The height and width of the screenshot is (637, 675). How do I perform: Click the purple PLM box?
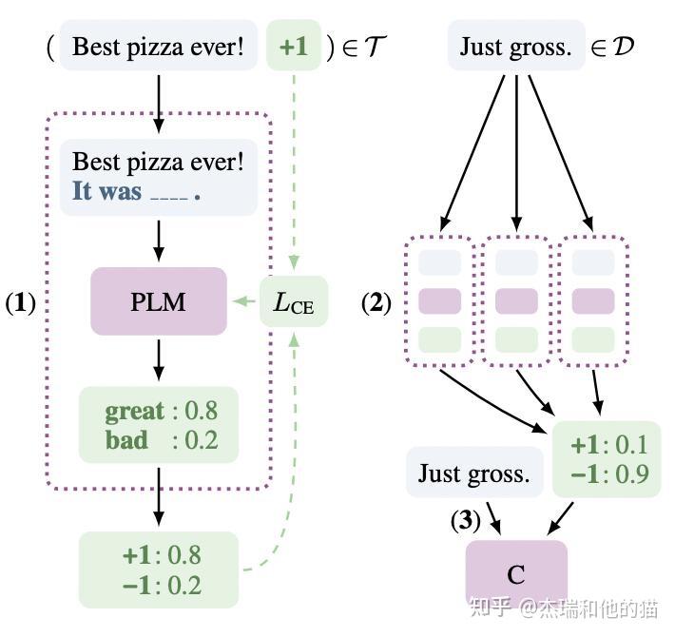click(159, 301)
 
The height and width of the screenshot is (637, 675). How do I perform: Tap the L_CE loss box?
click(294, 301)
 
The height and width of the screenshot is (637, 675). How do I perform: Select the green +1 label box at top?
click(294, 46)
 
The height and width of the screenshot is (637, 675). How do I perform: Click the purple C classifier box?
click(516, 573)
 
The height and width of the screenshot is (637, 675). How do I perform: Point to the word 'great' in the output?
click(134, 411)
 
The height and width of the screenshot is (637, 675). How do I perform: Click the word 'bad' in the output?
click(126, 440)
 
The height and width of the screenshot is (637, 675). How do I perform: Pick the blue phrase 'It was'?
click(106, 191)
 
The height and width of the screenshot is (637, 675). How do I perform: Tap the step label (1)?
click(20, 302)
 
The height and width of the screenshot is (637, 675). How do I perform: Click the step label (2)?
click(376, 302)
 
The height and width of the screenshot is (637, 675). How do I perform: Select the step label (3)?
click(465, 520)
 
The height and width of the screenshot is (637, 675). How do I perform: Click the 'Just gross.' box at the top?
click(516, 46)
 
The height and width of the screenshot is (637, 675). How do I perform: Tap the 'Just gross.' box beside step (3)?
click(474, 473)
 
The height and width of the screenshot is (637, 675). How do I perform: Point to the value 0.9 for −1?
click(631, 473)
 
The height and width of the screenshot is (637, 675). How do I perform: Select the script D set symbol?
click(623, 46)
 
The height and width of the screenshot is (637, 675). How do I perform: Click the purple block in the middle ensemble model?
click(516, 300)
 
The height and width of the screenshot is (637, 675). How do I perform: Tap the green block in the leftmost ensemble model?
click(439, 340)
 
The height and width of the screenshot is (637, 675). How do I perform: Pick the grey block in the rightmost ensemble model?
click(593, 262)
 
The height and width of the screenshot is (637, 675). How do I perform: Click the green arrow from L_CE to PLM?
click(243, 300)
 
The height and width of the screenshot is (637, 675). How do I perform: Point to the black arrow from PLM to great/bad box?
click(159, 359)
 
